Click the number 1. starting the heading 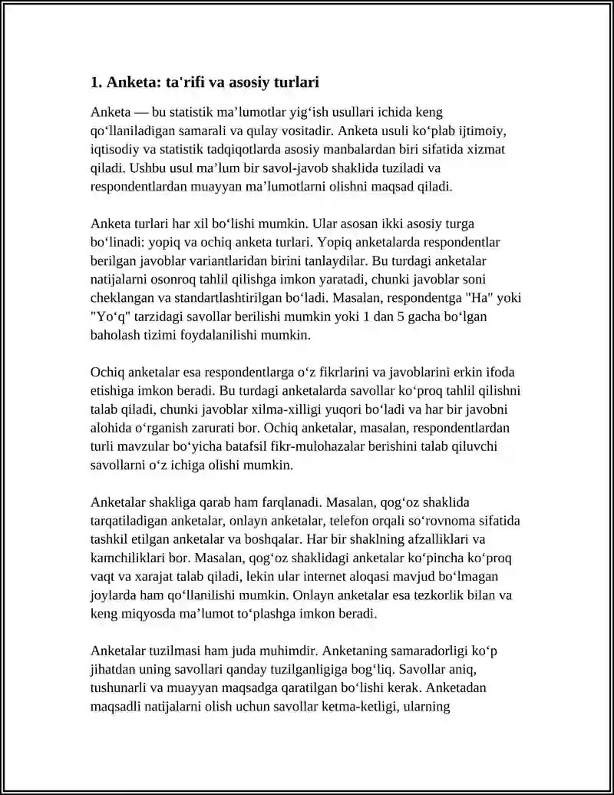pos(96,82)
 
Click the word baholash pos(115,335)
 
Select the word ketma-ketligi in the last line pos(368,706)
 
